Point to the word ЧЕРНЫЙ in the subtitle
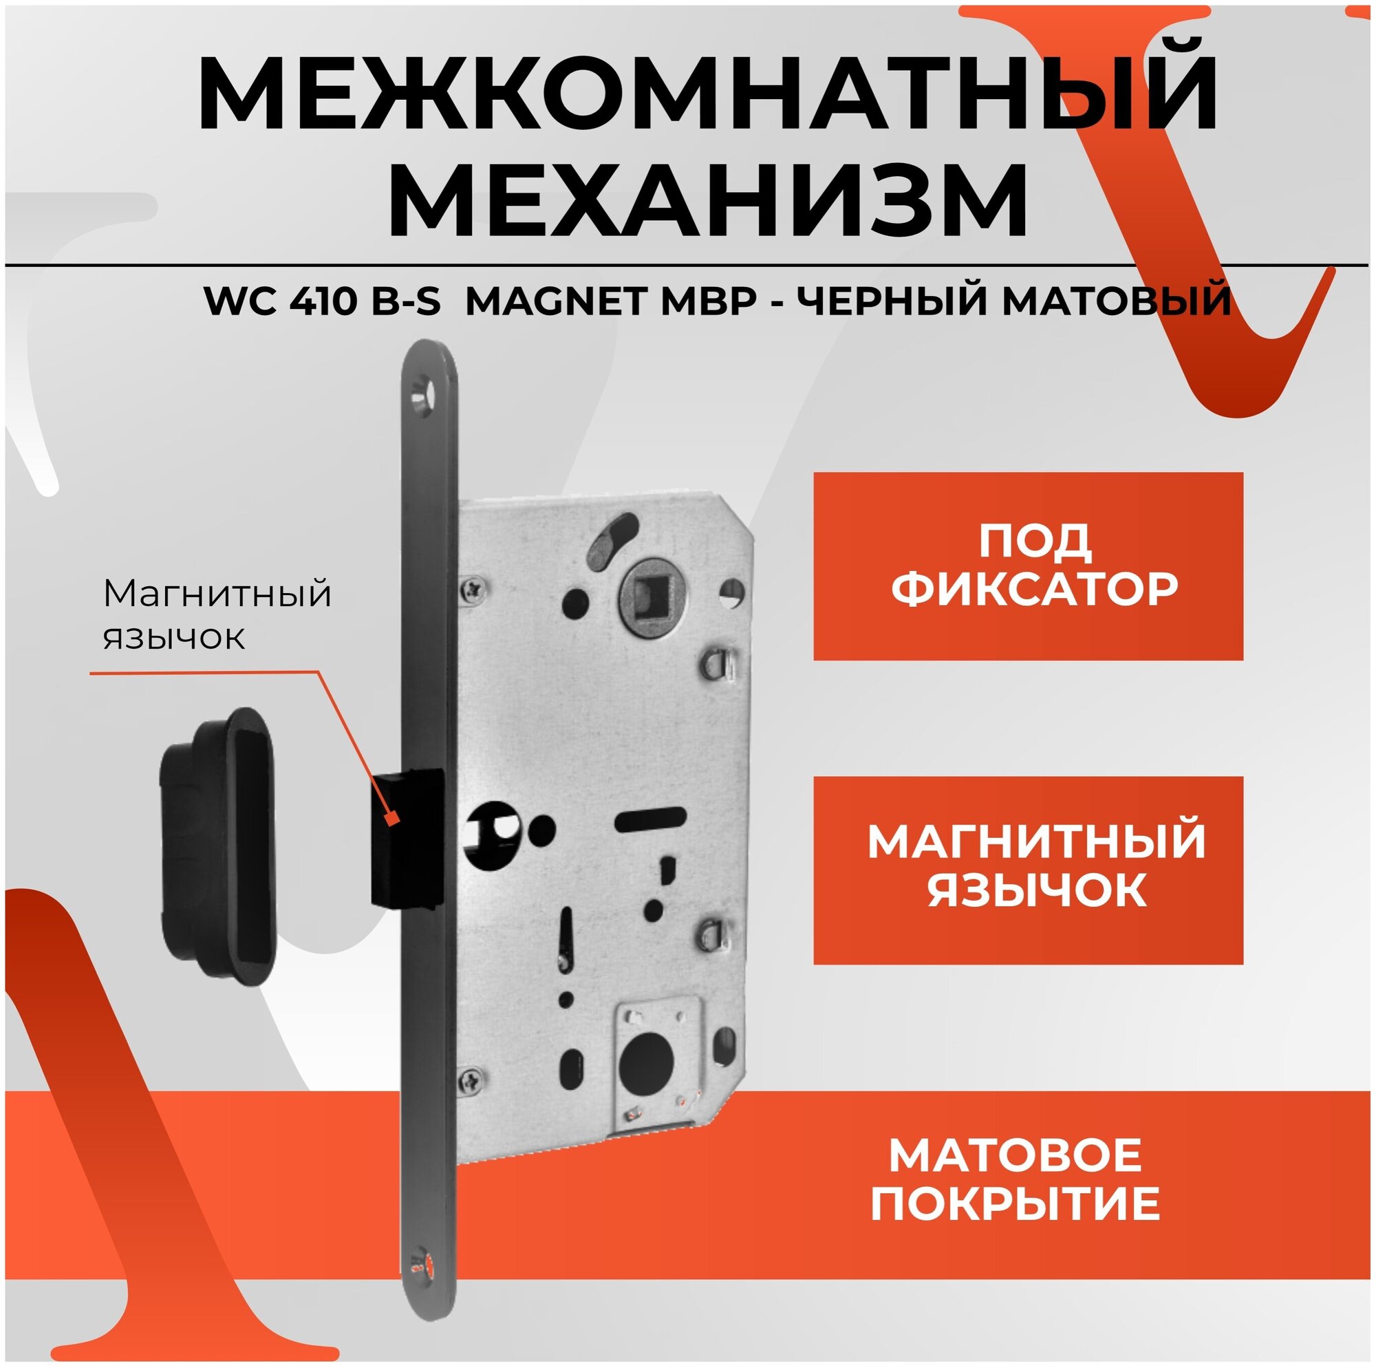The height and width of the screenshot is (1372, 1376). point(890,301)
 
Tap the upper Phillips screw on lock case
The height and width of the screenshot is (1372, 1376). point(473,588)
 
